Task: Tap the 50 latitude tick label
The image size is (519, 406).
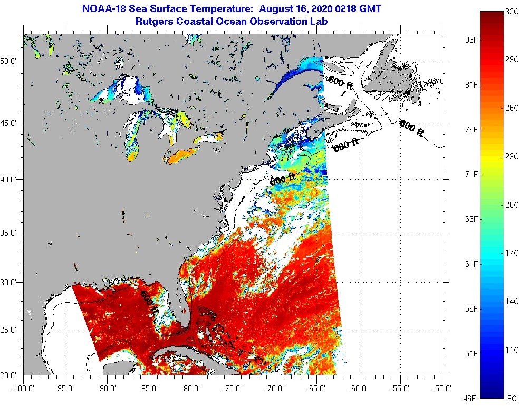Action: [10, 61]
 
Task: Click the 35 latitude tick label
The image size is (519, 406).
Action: [10, 233]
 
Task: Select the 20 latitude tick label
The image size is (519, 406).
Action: [10, 375]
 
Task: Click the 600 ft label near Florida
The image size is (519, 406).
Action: [149, 303]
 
